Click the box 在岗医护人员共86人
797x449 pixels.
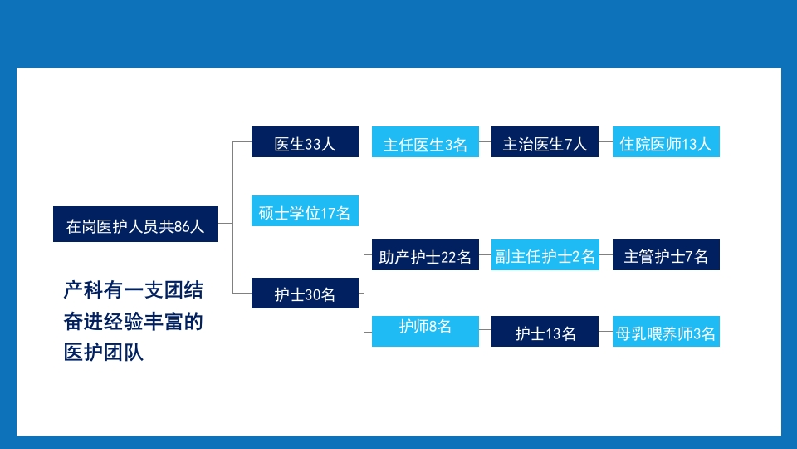tap(135, 224)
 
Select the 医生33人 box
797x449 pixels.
tap(305, 142)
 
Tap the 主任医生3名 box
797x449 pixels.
tap(425, 144)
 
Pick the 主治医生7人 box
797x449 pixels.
tap(545, 142)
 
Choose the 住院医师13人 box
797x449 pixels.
tap(666, 142)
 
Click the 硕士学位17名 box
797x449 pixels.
tap(305, 213)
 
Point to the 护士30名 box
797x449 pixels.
tap(305, 294)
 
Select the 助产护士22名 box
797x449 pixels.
tap(425, 256)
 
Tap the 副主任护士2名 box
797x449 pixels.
tap(545, 256)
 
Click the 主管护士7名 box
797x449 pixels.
tap(666, 255)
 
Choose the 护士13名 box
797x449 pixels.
tap(545, 333)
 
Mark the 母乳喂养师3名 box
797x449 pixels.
tap(666, 333)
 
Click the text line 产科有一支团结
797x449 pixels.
tap(133, 291)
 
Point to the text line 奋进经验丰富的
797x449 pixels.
tap(133, 322)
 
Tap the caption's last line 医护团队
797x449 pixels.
tap(104, 353)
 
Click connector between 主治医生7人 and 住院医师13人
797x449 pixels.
tap(605, 142)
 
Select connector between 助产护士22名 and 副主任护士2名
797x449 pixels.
tap(485, 256)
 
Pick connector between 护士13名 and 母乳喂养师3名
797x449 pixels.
tap(605, 333)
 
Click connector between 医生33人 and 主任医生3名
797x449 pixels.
tap(365, 142)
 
